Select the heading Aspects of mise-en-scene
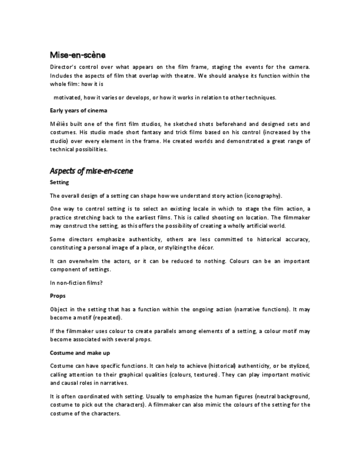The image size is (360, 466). (91, 171)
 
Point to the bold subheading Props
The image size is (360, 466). (58, 296)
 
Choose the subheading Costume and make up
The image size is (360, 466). (79, 352)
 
